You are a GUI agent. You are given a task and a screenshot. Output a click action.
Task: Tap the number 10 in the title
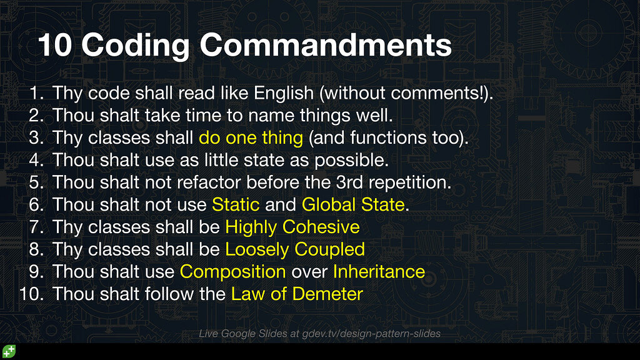coord(54,46)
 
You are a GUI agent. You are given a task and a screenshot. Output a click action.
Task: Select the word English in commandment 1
coord(283,94)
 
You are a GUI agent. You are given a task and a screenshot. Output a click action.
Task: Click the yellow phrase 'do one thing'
coord(251,137)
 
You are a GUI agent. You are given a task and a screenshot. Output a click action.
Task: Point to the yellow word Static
coord(236,204)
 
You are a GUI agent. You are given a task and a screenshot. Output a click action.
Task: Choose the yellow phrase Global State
coord(353,204)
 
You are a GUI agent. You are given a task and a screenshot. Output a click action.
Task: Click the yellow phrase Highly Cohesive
coord(292,227)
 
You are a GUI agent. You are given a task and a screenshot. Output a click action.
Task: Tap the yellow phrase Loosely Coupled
coord(294,249)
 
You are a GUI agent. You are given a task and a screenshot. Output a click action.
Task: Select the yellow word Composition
coord(232,272)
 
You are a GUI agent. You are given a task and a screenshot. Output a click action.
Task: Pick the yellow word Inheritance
coord(379,272)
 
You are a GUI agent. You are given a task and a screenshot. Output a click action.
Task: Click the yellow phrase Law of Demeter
coord(297,294)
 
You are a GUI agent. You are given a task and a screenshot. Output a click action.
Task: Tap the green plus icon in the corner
coord(9,351)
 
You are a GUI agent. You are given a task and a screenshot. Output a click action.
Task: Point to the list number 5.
coord(36,182)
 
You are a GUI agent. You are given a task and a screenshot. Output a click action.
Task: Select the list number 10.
coord(31,294)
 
